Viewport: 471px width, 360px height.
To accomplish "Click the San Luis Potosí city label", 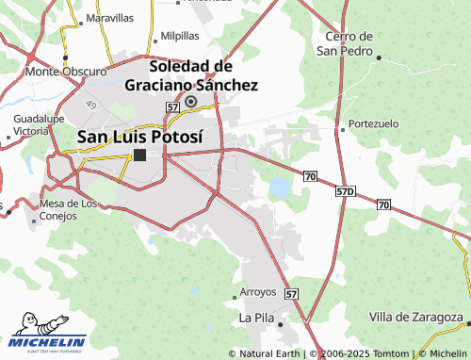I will tap(138, 136).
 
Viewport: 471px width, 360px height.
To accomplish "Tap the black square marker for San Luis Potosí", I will tap(139, 155).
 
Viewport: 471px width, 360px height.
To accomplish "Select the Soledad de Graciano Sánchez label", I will tap(191, 75).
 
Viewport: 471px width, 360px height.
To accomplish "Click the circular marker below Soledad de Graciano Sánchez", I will tap(191, 101).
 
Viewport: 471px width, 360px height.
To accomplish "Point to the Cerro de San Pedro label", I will tap(345, 43).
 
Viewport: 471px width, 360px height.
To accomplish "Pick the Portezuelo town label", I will tap(374, 123).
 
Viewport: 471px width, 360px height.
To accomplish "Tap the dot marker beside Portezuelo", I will tap(341, 123).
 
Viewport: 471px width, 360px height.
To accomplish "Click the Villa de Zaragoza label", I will tap(415, 317).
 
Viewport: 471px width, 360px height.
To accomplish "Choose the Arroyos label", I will tap(258, 291).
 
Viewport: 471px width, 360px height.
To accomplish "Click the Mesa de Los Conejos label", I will tap(68, 209).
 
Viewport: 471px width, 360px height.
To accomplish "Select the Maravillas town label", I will tap(109, 18).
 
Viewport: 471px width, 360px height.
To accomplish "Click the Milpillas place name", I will tap(180, 35).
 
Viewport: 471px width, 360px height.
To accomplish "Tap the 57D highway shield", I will tap(345, 191).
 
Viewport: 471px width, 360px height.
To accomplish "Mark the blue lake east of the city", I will tap(280, 188).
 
